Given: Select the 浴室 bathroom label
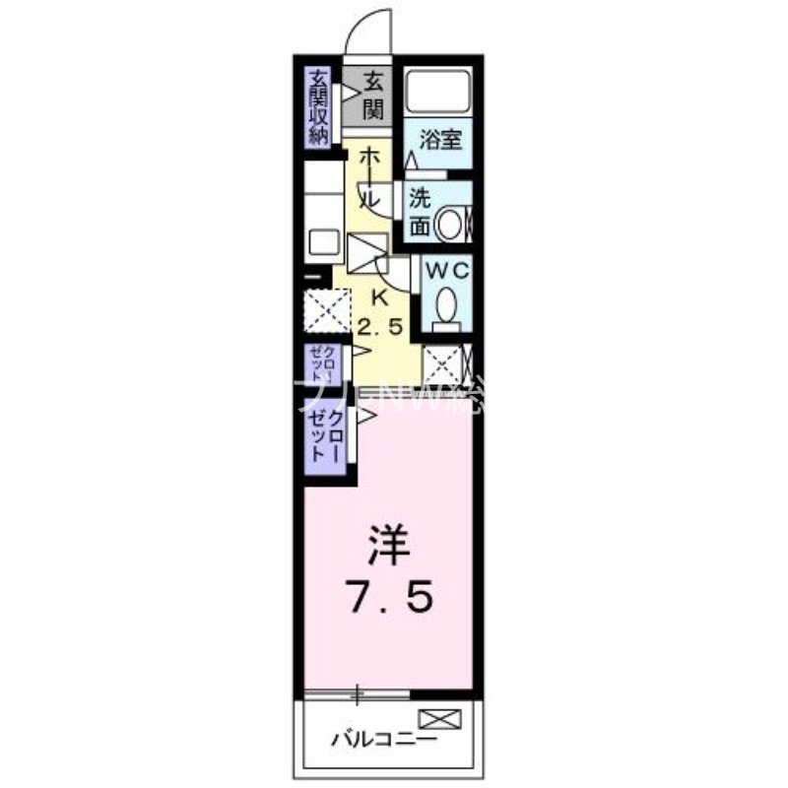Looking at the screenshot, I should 439,140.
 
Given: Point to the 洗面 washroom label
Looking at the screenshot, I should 420,210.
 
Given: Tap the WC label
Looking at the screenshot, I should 447,269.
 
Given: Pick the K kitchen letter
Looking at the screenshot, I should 379,297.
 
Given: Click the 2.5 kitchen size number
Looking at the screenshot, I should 379,328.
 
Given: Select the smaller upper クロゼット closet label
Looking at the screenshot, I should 317,364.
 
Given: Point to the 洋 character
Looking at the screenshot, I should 388,548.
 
